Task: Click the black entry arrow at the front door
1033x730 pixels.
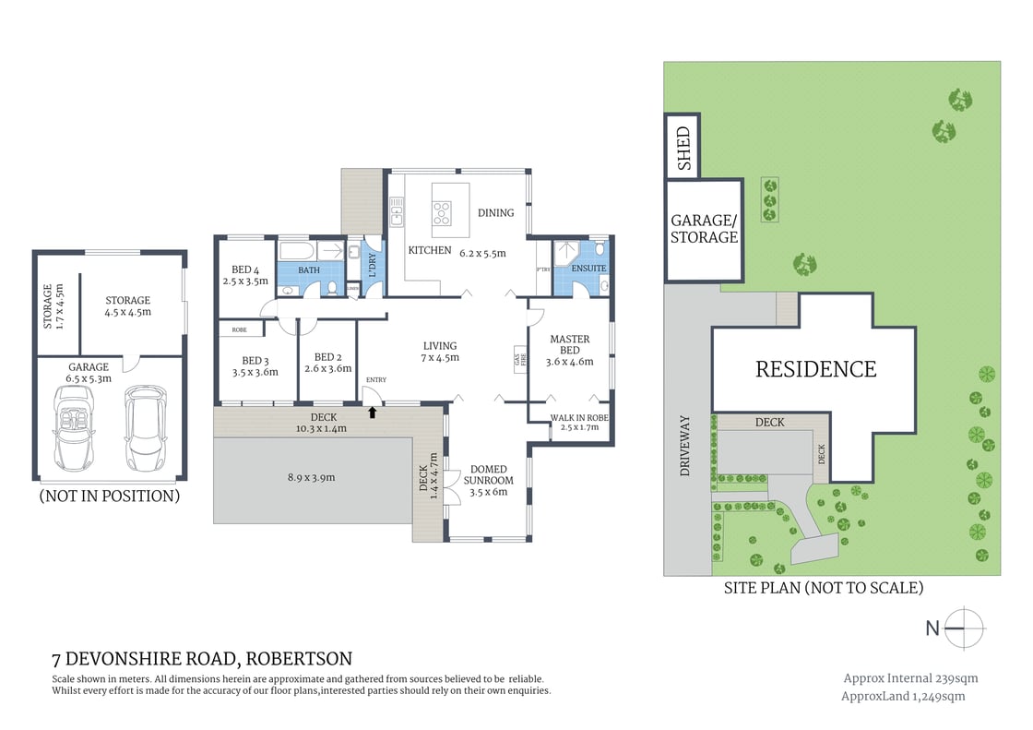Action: click(x=373, y=412)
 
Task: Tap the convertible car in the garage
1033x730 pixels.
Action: click(x=73, y=427)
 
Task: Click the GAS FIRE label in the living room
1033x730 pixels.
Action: click(x=517, y=357)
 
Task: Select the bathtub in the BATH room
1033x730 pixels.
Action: click(x=296, y=252)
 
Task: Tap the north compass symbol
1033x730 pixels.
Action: click(x=966, y=628)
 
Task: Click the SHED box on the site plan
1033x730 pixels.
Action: click(x=683, y=146)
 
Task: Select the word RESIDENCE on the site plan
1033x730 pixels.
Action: click(x=815, y=369)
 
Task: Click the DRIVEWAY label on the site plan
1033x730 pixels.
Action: click(x=684, y=446)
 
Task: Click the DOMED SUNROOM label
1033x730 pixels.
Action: click(x=488, y=474)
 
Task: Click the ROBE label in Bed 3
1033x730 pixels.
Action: click(x=239, y=329)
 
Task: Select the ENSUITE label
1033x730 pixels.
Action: click(x=589, y=269)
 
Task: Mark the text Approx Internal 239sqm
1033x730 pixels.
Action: click(x=910, y=678)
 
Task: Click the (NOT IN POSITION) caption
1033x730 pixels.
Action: click(x=109, y=496)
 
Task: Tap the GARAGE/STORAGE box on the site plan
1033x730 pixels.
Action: click(x=704, y=229)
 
